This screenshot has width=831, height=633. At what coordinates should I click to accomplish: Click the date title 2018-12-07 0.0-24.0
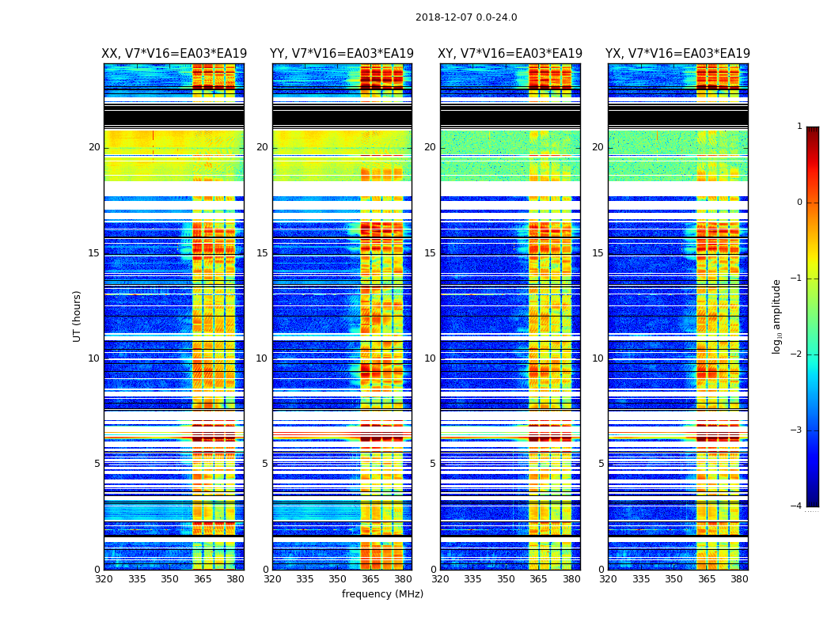click(466, 17)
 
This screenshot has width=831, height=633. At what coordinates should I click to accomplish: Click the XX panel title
click(174, 54)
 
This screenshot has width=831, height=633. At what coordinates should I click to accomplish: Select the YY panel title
click(342, 54)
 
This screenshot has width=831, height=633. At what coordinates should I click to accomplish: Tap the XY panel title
click(510, 54)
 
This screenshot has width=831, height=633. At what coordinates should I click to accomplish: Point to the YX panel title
click(678, 54)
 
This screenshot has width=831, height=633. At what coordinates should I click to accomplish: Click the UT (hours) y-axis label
click(78, 316)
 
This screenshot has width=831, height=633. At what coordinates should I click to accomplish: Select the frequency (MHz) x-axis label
click(382, 594)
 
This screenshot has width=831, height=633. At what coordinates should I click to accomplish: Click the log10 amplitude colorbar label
click(777, 316)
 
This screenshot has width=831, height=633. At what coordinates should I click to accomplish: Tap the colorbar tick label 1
click(799, 127)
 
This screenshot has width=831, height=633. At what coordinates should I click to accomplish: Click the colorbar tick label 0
click(799, 203)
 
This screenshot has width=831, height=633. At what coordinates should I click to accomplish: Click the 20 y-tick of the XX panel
click(94, 147)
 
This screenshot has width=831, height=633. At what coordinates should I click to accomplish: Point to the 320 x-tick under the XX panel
click(104, 579)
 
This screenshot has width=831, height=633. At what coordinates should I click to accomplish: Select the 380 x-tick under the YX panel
click(739, 579)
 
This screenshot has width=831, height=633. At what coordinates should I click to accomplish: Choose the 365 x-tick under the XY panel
click(538, 579)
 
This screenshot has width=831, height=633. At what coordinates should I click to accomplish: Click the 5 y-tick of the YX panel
click(601, 464)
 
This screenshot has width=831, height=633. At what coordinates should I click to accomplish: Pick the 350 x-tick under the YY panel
click(338, 579)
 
